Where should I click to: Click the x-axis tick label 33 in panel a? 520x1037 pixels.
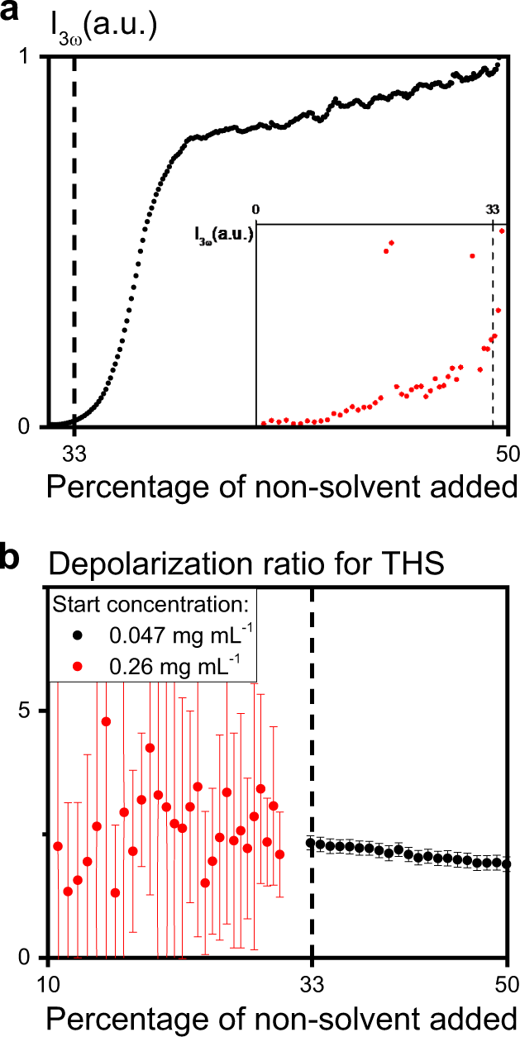click(x=74, y=452)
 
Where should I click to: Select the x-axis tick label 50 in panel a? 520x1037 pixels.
click(x=506, y=452)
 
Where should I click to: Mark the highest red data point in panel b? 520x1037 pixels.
click(x=106, y=721)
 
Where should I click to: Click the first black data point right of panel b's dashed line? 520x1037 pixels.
click(x=311, y=843)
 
